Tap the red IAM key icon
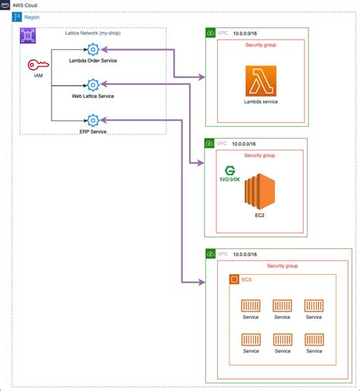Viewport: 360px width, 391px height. (35, 66)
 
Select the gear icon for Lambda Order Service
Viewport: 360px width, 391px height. (93, 50)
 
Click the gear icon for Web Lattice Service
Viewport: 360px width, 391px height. (93, 85)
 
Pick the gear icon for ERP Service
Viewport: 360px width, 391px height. (93, 120)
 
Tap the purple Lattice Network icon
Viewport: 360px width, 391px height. (28, 36)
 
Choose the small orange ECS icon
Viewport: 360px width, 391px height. (235, 280)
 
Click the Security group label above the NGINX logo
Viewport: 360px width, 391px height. (260, 155)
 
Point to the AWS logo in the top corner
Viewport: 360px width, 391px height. (6, 5)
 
